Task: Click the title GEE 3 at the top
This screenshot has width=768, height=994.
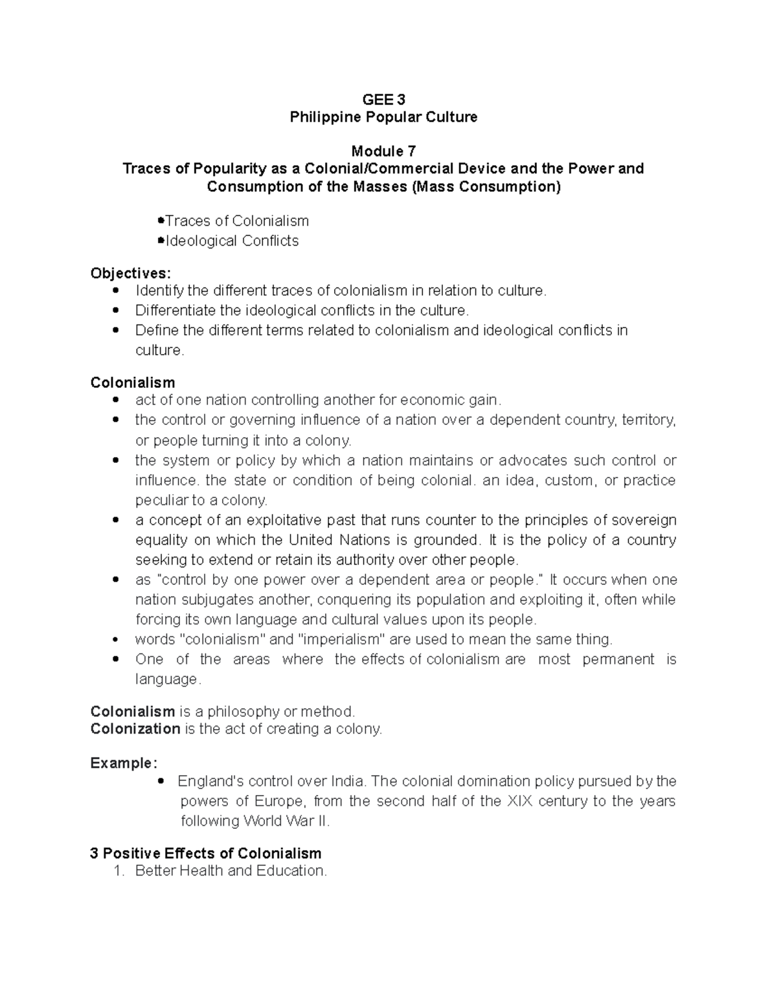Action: tap(383, 100)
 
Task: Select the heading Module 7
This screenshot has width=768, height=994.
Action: tap(383, 152)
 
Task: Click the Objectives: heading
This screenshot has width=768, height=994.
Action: tap(131, 273)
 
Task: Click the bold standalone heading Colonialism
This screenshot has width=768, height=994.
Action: tap(132, 383)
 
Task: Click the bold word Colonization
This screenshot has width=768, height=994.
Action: tap(135, 729)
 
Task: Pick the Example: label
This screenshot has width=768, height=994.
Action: tap(123, 764)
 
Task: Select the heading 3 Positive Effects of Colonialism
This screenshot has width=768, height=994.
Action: tap(205, 854)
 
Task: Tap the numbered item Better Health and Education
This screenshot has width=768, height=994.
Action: tap(230, 871)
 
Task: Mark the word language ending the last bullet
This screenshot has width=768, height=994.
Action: tap(167, 679)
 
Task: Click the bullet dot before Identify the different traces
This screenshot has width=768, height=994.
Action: tap(116, 291)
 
